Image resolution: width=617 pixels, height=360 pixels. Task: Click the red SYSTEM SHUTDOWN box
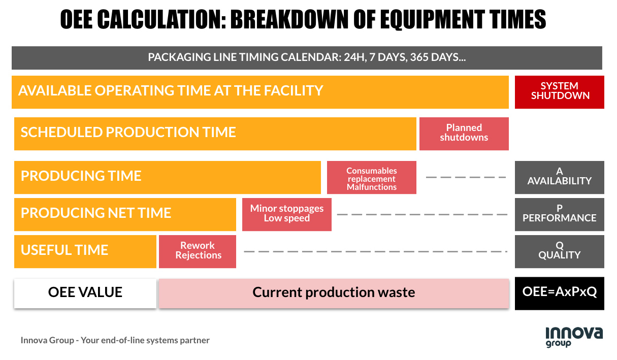click(x=559, y=91)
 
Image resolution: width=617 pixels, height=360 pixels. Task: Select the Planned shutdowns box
click(x=464, y=134)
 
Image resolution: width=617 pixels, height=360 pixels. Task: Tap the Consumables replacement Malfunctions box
click(x=371, y=178)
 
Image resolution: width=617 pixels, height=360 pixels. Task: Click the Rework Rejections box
click(x=198, y=251)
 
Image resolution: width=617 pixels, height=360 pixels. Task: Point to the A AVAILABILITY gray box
click(x=559, y=177)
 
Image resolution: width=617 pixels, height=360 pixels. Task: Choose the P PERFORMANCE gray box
click(x=559, y=214)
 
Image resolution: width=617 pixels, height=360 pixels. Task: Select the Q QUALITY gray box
click(x=559, y=251)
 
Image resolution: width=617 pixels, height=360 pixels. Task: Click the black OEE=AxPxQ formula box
click(x=559, y=293)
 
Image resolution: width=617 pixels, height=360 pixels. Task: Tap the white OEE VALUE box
click(x=85, y=292)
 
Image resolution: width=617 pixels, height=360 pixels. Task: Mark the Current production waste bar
click(x=334, y=293)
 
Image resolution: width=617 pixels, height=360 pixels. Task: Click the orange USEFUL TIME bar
click(x=85, y=251)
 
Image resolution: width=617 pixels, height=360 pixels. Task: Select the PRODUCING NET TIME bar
click(x=125, y=214)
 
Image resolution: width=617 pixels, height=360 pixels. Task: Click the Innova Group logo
click(x=574, y=337)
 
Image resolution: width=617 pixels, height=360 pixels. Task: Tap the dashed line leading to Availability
click(x=466, y=177)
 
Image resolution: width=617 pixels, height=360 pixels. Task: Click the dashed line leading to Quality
click(x=375, y=251)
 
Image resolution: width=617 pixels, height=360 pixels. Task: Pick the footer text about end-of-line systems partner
click(x=115, y=340)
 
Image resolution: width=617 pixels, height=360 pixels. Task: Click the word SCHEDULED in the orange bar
click(x=61, y=133)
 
